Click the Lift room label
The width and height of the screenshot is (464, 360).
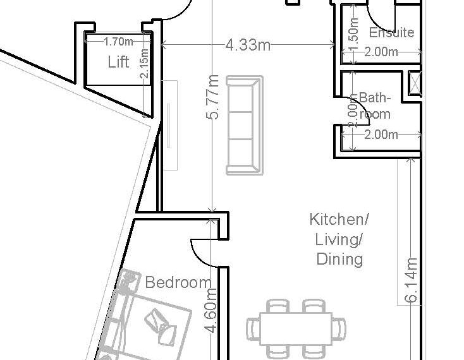(x=118, y=62)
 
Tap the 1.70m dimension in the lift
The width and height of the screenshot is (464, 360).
(x=118, y=42)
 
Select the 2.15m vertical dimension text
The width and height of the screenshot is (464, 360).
(x=144, y=63)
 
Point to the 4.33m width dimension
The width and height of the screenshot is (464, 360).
(x=248, y=45)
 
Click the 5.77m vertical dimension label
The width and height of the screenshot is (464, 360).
(x=212, y=97)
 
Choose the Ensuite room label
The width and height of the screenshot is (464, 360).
(x=391, y=32)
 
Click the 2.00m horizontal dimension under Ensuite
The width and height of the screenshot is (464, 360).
(x=381, y=52)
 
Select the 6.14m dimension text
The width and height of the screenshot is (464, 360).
(x=411, y=280)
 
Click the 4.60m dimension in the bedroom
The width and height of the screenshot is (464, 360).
(x=212, y=311)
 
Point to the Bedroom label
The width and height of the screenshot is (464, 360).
(x=178, y=282)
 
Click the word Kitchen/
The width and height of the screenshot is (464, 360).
(x=339, y=219)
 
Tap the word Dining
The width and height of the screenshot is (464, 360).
(x=339, y=259)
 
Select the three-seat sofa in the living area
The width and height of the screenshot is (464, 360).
(x=245, y=125)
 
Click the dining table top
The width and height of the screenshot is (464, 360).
(x=296, y=328)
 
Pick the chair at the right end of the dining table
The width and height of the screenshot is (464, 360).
(x=339, y=328)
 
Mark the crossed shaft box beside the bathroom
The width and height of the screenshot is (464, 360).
(x=415, y=83)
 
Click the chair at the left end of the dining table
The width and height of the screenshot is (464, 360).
(x=253, y=328)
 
